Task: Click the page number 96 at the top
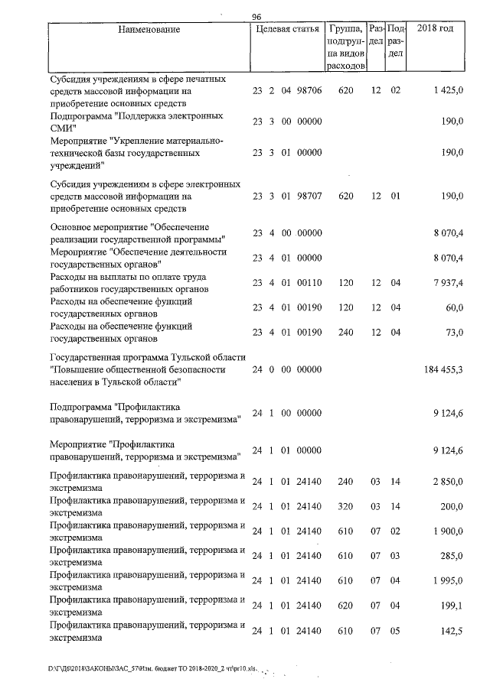coord(256,17)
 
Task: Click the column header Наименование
coord(149,30)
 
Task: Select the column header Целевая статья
coord(286,30)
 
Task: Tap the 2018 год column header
coord(434,29)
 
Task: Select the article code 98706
coord(308,90)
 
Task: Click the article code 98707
coord(308,197)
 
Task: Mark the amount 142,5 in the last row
coord(451,631)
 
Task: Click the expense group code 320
coord(345,507)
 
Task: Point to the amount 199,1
coord(451,606)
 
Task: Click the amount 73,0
coord(453,333)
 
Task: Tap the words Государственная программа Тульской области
coord(148,357)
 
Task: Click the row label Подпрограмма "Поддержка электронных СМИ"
coord(136,122)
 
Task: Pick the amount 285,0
coord(451,556)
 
